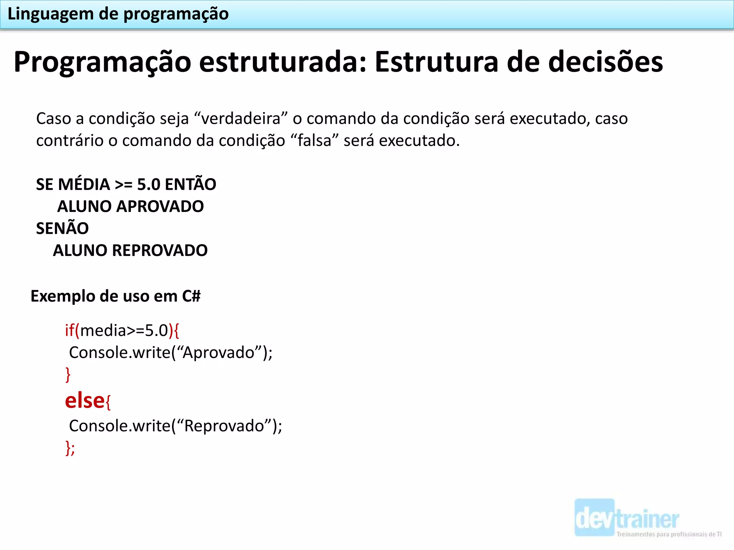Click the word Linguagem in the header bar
pos(50,15)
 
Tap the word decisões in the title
pos(605,62)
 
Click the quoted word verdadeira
pos(241,119)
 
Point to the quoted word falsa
pos(314,141)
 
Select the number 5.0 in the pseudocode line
pos(149,185)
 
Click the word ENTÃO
pos(191,184)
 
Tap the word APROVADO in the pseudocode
pos(160,207)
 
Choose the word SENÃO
pos(62,228)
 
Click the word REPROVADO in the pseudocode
pos(160,251)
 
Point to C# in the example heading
pos(191,296)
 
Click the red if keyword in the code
pos(70,330)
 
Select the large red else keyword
pos(85,401)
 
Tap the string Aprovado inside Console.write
pos(219,353)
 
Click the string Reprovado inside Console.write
pos(224,426)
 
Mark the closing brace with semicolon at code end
pos(70,448)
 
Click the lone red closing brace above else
pos(68,375)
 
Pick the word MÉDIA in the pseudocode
pos(84,185)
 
